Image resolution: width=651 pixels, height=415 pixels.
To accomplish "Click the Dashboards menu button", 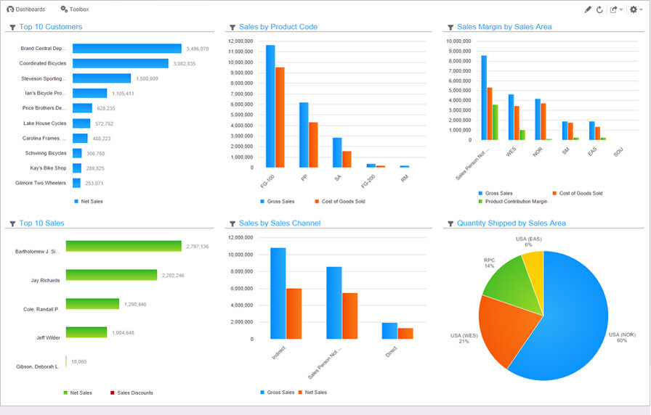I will click(x=26, y=9).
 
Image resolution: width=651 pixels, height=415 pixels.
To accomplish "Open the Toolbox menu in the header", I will click(x=75, y=9).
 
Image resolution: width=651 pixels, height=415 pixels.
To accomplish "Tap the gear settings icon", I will click(x=633, y=9).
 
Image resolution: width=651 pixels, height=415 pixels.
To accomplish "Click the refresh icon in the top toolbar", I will click(x=599, y=9).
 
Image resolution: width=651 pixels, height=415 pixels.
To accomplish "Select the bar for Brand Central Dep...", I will click(x=126, y=49).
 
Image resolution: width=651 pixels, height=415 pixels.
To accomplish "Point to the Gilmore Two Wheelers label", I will click(x=41, y=183).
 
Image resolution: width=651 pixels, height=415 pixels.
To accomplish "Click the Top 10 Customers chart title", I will click(x=50, y=27).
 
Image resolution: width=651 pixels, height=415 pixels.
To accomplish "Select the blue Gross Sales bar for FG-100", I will click(x=270, y=106).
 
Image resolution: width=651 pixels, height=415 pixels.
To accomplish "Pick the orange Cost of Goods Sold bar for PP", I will click(x=313, y=144).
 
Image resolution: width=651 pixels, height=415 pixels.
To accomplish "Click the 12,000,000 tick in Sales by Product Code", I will click(x=240, y=41).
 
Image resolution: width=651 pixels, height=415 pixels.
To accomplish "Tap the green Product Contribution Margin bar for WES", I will click(x=522, y=134).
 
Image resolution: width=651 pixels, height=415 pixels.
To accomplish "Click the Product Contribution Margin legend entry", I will click(x=516, y=201).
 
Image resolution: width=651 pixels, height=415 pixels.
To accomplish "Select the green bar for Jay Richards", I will click(x=111, y=275).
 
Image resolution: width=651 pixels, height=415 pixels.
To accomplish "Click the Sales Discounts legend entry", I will click(x=134, y=393).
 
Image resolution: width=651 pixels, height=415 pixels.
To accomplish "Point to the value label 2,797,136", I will click(x=197, y=247).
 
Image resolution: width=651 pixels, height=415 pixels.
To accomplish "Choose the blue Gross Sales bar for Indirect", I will click(x=278, y=293).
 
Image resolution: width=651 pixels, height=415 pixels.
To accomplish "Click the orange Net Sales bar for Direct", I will click(x=405, y=333).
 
